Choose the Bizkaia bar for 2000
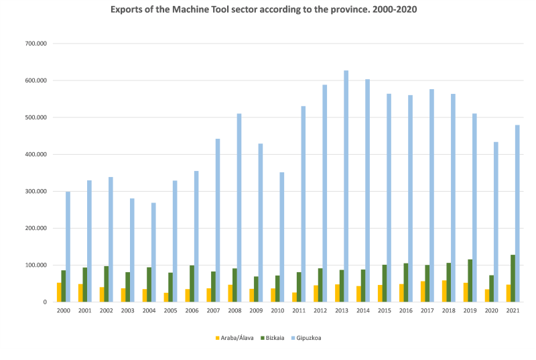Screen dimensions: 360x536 [x=64, y=286]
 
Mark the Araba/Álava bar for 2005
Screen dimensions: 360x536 [x=166, y=297]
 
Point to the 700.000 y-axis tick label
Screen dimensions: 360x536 [x=35, y=44]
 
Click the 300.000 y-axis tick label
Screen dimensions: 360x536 [x=35, y=191]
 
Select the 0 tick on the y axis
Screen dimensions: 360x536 [x=44, y=302]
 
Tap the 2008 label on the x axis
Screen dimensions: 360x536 [x=234, y=311]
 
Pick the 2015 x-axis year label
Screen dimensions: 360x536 [x=385, y=311]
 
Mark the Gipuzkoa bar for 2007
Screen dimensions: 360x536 [x=218, y=221]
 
